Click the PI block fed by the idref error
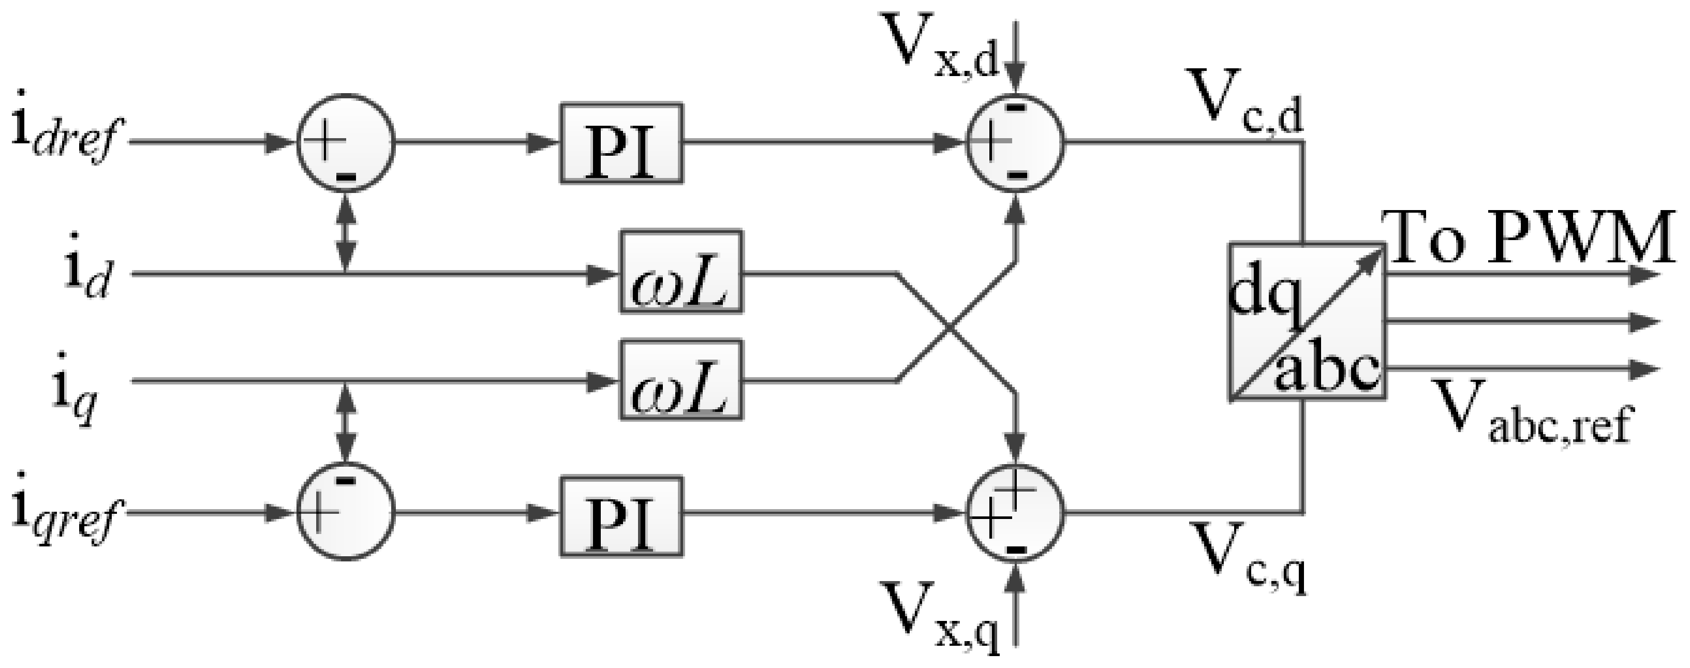click(x=620, y=142)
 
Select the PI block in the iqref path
click(x=620, y=516)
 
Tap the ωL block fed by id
click(x=681, y=271)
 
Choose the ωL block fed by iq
click(x=681, y=379)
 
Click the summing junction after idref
click(x=346, y=145)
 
